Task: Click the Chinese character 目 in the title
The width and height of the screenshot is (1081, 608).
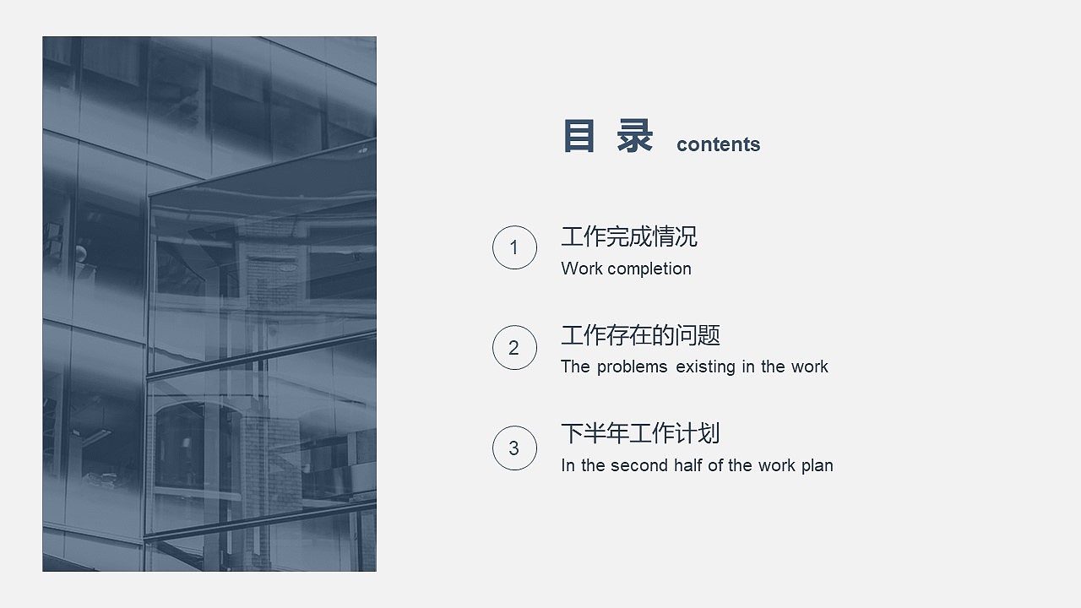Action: click(579, 137)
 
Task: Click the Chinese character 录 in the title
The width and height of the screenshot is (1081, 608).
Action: click(634, 137)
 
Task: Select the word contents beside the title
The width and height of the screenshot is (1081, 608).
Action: click(718, 144)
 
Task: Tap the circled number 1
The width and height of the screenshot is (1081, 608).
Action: click(514, 247)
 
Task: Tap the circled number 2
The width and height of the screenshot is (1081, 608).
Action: click(514, 347)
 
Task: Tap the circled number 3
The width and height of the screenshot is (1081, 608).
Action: click(514, 448)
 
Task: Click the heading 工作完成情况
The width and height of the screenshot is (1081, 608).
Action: click(629, 237)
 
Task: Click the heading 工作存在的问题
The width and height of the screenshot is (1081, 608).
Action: click(640, 336)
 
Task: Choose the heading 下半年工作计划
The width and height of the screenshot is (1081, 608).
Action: click(640, 434)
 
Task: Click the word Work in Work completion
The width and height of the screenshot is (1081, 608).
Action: click(581, 269)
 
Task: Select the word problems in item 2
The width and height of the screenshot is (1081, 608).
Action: click(632, 366)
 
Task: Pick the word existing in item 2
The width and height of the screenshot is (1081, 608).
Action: click(704, 366)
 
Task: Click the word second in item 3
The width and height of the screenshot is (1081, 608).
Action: click(639, 465)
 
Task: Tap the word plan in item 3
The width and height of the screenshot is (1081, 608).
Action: click(817, 466)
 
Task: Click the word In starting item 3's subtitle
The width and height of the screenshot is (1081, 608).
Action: click(568, 465)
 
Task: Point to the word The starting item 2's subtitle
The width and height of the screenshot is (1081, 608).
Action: click(575, 366)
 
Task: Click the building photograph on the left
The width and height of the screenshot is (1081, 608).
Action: click(209, 304)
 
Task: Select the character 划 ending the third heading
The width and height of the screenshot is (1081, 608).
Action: click(709, 434)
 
